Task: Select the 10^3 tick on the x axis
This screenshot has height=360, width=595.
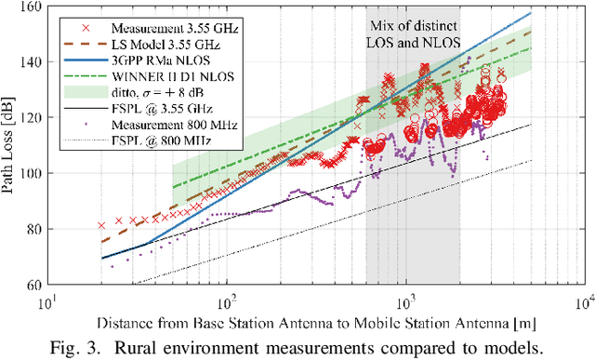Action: [x=405, y=300]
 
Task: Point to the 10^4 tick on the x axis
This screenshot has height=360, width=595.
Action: [x=584, y=300]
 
